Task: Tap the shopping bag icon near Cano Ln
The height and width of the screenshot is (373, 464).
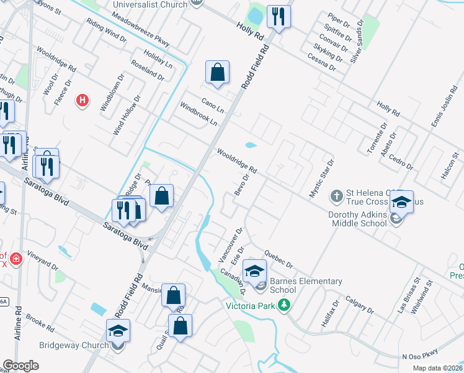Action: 217,72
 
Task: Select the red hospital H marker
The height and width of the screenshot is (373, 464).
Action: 82,99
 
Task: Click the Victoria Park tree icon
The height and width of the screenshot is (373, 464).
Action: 284,305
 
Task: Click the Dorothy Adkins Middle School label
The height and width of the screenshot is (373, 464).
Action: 349,220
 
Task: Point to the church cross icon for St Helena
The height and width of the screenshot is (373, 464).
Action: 336,196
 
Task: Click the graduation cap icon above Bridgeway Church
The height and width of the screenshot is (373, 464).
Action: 118,331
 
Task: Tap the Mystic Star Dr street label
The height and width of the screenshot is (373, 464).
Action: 322,178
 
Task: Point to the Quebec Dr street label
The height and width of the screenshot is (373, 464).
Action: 277,258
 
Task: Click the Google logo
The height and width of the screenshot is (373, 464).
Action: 20,366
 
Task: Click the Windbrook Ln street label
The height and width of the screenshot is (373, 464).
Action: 199,114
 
